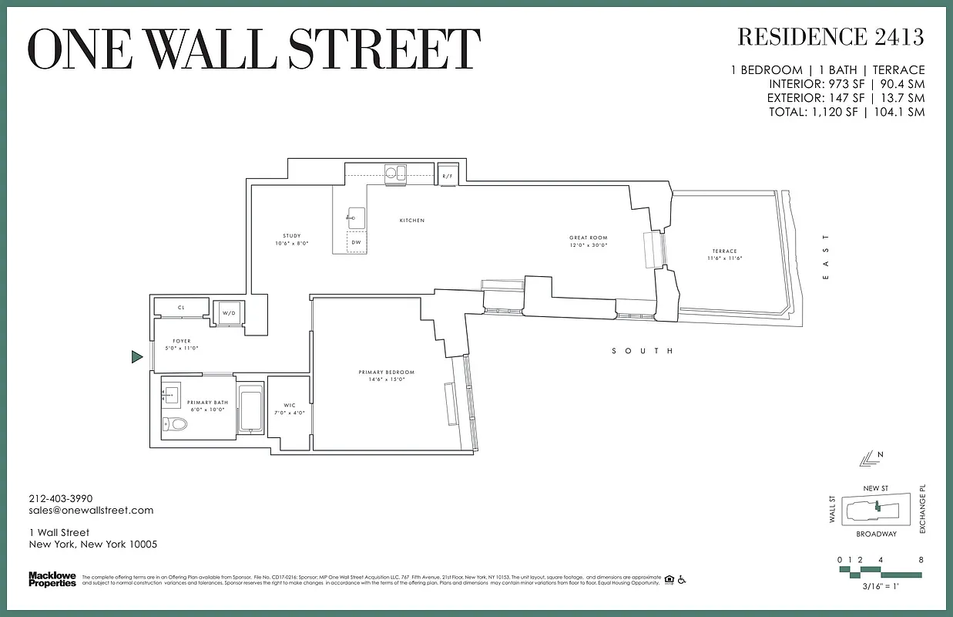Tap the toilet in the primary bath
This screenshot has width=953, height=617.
click(177, 423)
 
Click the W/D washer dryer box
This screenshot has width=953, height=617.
click(228, 313)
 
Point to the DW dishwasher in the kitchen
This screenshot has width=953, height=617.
click(355, 242)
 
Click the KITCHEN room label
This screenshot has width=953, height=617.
click(411, 221)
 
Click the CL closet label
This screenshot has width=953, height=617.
click(181, 308)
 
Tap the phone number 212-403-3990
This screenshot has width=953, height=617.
click(61, 498)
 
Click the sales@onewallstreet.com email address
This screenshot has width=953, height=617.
click(91, 510)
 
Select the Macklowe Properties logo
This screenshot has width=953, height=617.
click(52, 578)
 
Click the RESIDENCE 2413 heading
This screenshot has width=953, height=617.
click(831, 36)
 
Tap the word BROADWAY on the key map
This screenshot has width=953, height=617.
click(876, 534)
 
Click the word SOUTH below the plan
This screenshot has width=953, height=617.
click(643, 351)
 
